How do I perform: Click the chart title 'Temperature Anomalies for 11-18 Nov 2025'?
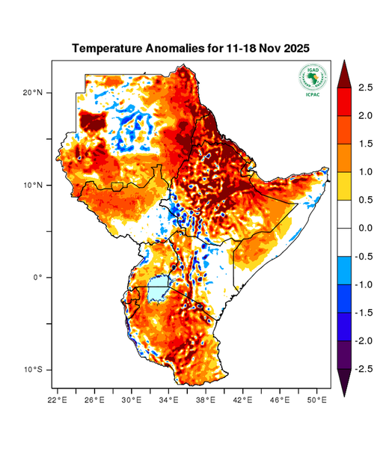[x=190, y=49]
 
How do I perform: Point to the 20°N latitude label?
[x=33, y=93]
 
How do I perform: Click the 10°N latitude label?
[x=33, y=185]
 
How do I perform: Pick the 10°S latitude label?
[x=33, y=370]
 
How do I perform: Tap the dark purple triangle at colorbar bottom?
[x=343, y=382]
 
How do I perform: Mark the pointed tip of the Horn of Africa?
[x=328, y=169]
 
